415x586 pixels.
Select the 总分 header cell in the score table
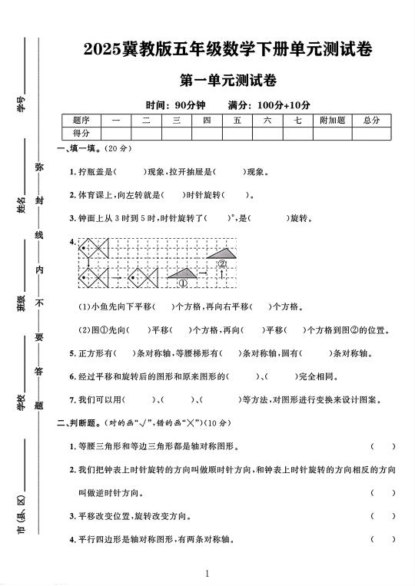point(371,121)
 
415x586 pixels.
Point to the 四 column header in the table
point(207,121)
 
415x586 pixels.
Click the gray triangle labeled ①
point(182,273)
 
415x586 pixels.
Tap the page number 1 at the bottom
point(207,573)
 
